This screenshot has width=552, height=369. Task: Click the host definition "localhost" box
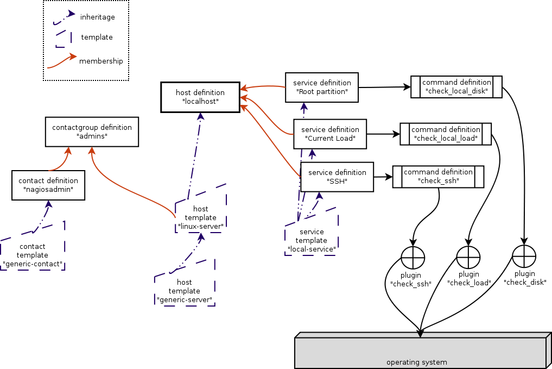[x=200, y=97]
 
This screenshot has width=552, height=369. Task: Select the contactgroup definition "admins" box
[x=92, y=132]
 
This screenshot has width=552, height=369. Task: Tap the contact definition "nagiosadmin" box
[x=48, y=185]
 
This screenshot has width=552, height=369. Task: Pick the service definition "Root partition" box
[x=322, y=87]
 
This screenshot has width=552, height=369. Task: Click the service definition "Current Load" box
[x=330, y=134]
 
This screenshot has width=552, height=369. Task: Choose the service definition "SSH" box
[x=337, y=177]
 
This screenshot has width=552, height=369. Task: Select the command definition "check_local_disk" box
[x=456, y=87]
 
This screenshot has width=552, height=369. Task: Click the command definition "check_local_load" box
[x=446, y=134]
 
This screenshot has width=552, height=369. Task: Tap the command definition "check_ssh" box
[x=438, y=177]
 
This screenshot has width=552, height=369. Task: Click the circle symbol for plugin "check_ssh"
[x=413, y=257]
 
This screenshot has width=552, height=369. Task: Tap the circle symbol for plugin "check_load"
[x=468, y=257]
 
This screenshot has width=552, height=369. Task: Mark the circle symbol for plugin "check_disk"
[x=524, y=256]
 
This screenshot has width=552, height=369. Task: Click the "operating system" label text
[x=416, y=362]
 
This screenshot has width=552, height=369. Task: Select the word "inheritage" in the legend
[x=98, y=17]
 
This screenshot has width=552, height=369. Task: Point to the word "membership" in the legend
[x=101, y=61]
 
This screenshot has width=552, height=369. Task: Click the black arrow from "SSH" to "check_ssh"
[x=383, y=177]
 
